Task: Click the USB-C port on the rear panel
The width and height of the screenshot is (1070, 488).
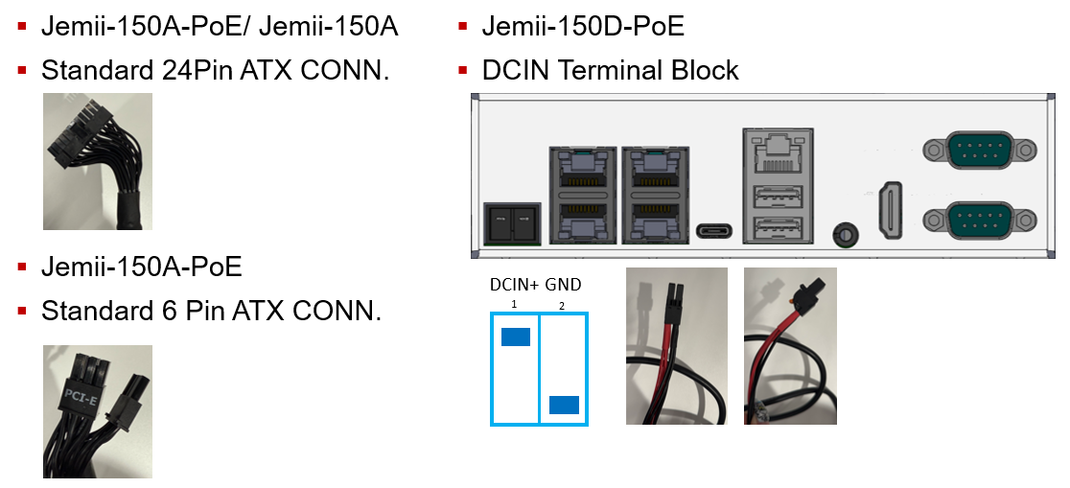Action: [714, 231]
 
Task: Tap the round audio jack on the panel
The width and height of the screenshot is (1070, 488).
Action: [845, 233]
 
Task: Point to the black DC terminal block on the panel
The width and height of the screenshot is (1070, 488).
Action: [509, 222]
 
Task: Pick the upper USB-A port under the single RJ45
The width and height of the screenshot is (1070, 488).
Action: [777, 198]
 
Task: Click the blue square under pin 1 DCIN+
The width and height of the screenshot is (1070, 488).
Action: [516, 337]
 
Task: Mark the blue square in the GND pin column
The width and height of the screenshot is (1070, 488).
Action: [564, 405]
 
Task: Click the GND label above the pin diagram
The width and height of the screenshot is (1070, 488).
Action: [563, 285]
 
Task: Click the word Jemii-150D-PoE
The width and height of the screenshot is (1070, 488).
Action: [583, 27]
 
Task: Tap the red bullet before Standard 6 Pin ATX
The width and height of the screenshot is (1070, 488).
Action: [22, 310]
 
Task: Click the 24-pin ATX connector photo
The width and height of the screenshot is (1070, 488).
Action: [97, 160]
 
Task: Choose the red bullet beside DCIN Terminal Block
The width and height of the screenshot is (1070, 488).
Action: [463, 70]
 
